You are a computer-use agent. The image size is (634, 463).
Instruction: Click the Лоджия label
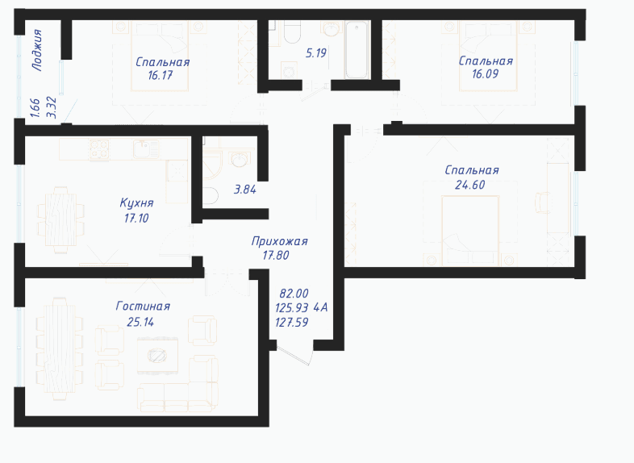[x=37, y=50]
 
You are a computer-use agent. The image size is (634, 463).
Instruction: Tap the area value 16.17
[x=161, y=75]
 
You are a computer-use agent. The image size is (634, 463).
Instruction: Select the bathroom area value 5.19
[x=315, y=53]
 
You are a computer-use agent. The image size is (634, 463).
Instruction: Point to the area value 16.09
[x=486, y=74]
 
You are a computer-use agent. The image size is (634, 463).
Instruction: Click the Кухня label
[x=136, y=202]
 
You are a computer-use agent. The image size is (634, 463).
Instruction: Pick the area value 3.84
[x=245, y=190]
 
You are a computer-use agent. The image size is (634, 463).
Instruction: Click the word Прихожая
[x=279, y=241]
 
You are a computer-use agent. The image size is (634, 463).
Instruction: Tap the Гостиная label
[x=143, y=306]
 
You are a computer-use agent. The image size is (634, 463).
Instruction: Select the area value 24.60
[x=469, y=185]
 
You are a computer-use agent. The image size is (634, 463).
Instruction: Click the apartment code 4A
[x=321, y=308]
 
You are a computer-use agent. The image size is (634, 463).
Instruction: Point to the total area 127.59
[x=291, y=323]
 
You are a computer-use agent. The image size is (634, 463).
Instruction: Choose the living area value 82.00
[x=294, y=293]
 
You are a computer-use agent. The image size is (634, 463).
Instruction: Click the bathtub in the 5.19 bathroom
[x=357, y=50]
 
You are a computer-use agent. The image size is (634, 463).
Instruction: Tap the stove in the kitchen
[x=99, y=149]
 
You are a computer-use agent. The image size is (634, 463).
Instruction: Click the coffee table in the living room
[x=157, y=356]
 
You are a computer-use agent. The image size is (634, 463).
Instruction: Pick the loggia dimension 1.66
[x=35, y=107]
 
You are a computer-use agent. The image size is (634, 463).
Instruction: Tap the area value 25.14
[x=140, y=323]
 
